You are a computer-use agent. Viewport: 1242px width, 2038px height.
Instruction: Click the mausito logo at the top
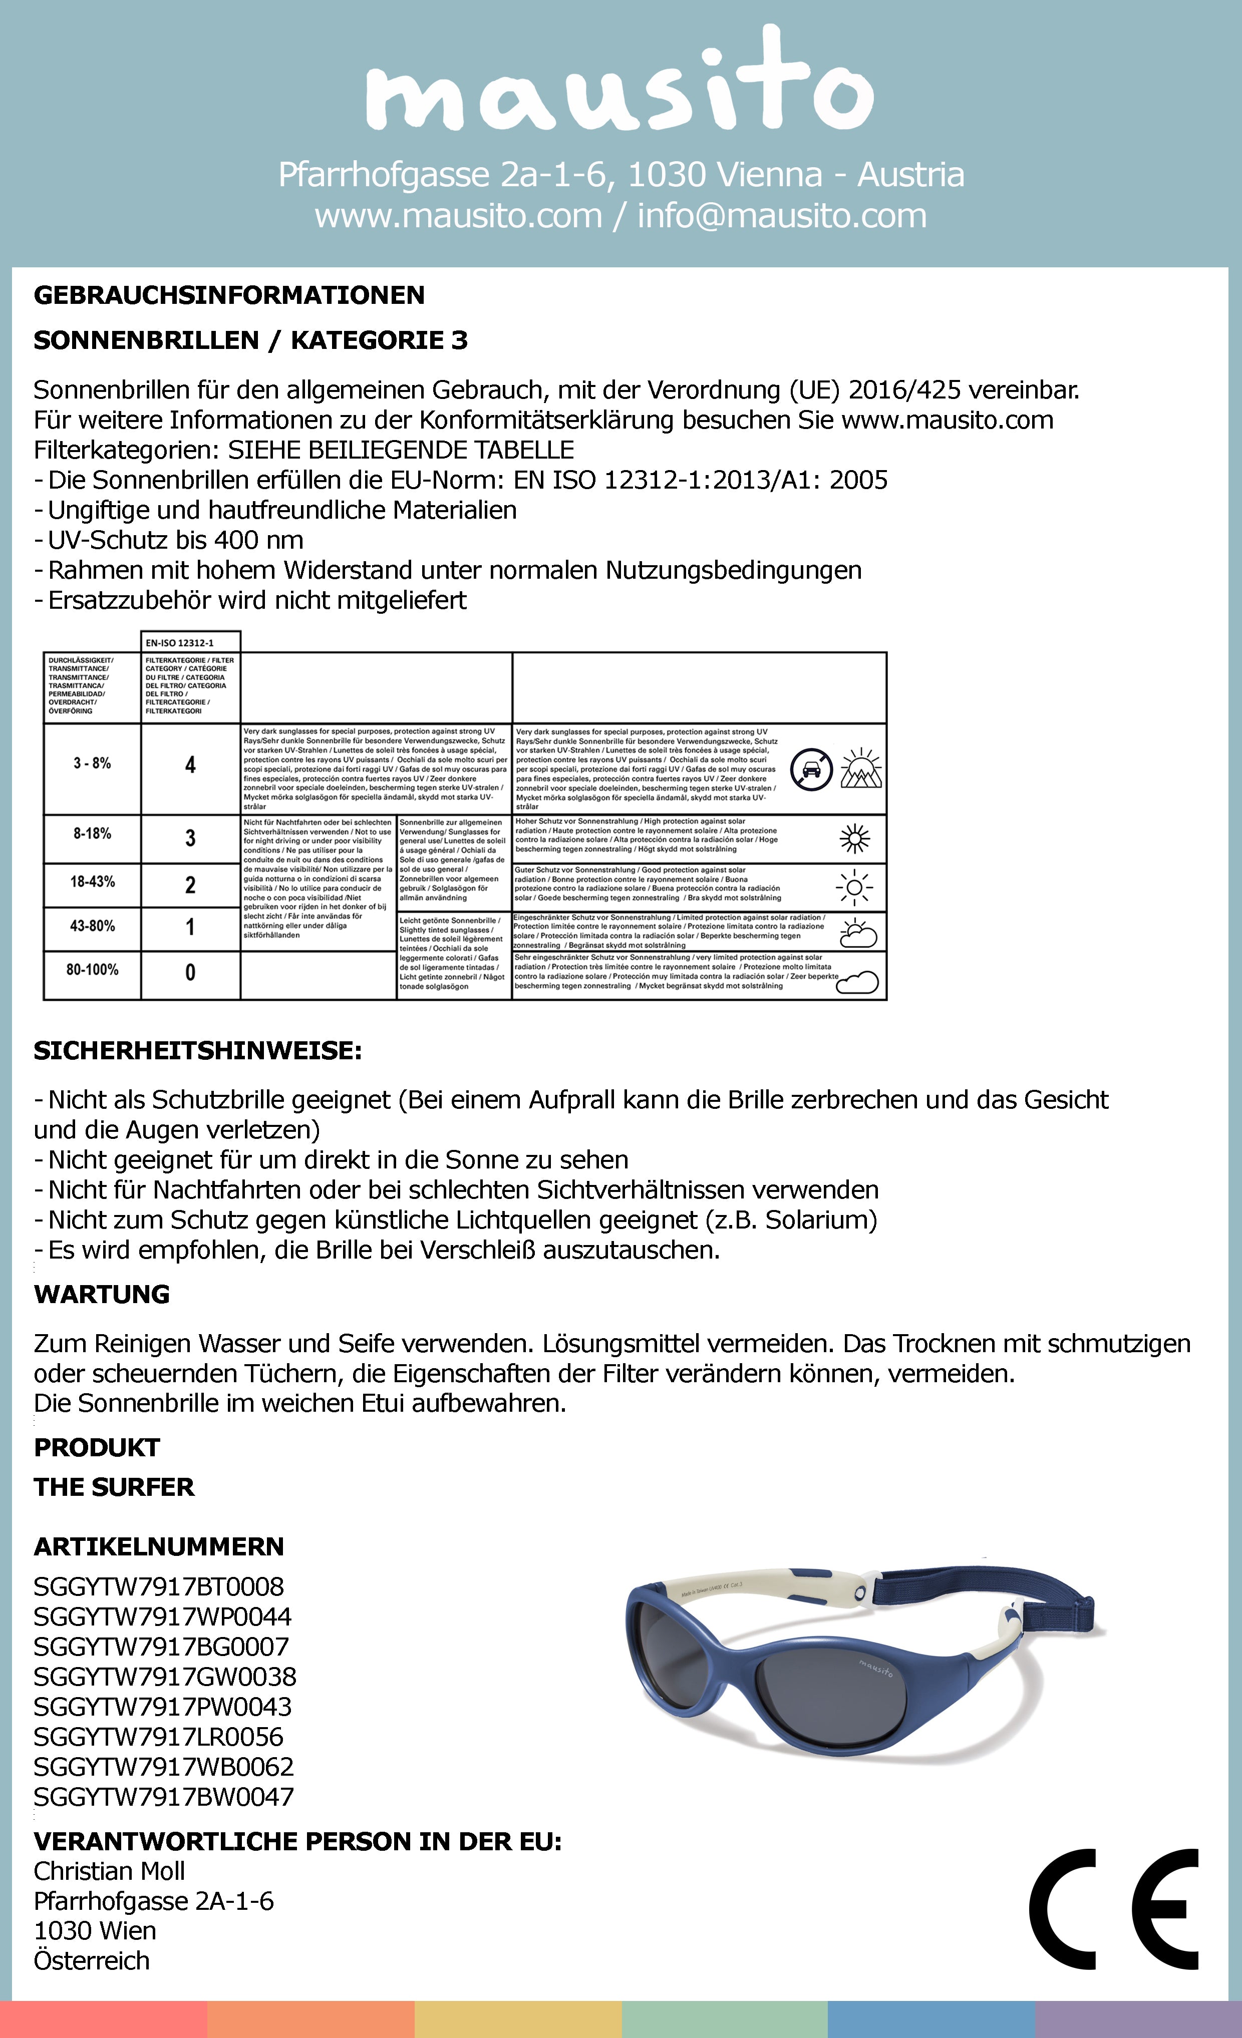pyautogui.click(x=620, y=83)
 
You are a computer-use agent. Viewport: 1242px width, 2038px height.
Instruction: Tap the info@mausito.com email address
pyautogui.click(x=781, y=216)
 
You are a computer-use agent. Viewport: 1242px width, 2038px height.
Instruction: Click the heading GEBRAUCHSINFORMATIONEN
pyautogui.click(x=229, y=295)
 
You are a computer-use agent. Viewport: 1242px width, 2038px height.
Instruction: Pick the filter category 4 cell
pyautogui.click(x=190, y=765)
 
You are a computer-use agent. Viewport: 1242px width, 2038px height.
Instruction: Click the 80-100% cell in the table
pyautogui.click(x=92, y=969)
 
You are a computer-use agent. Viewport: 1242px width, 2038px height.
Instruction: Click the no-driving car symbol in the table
pyautogui.click(x=811, y=769)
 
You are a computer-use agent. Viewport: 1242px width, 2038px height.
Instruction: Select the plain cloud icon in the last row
pyautogui.click(x=858, y=982)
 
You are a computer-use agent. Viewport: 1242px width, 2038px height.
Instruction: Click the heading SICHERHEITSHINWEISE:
pyautogui.click(x=198, y=1050)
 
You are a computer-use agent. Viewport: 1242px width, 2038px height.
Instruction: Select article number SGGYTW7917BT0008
pyautogui.click(x=159, y=1586)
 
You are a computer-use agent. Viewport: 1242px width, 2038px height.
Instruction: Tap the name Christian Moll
pyautogui.click(x=109, y=1871)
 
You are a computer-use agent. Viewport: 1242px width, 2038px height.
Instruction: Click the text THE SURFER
pyautogui.click(x=114, y=1487)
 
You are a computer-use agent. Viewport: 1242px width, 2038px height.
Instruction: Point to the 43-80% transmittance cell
pyautogui.click(x=92, y=926)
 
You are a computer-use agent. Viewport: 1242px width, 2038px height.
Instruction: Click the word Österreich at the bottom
pyautogui.click(x=92, y=1960)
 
